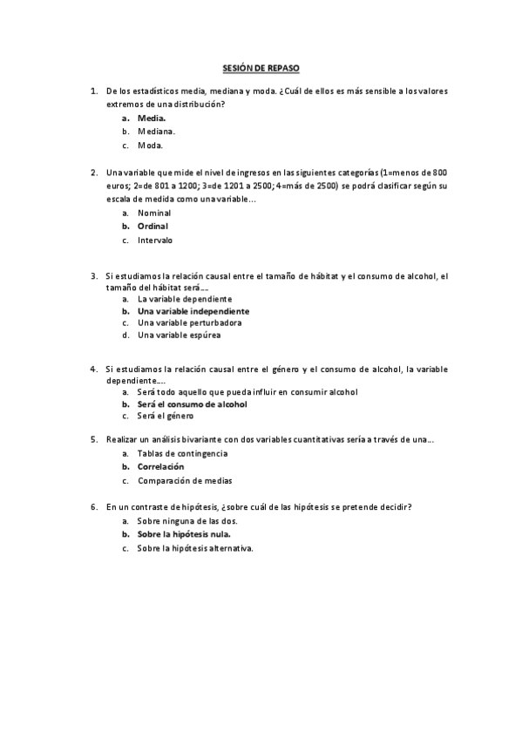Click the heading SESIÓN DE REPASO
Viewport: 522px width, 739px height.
[x=261, y=66]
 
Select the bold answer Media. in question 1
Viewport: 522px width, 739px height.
[x=152, y=118]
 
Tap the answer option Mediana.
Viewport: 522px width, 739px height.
[x=156, y=132]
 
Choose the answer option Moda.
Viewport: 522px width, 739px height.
[x=150, y=146]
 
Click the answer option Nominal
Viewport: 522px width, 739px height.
[x=154, y=213]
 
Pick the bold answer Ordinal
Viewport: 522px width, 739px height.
[x=153, y=227]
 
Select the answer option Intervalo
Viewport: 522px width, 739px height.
[x=155, y=241]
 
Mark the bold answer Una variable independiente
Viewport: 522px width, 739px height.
[x=193, y=311]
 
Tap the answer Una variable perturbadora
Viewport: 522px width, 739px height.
[x=189, y=322]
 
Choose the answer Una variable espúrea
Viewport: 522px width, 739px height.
[x=179, y=335]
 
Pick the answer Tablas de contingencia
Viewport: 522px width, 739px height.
[x=182, y=454]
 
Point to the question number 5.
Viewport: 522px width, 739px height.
[x=93, y=440]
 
